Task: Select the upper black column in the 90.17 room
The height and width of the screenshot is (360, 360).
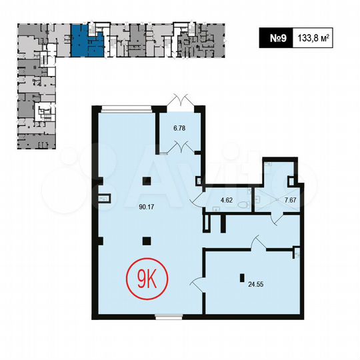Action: [149, 180]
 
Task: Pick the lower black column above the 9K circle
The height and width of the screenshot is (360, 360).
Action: [149, 241]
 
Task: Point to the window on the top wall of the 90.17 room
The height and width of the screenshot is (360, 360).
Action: [126, 107]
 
